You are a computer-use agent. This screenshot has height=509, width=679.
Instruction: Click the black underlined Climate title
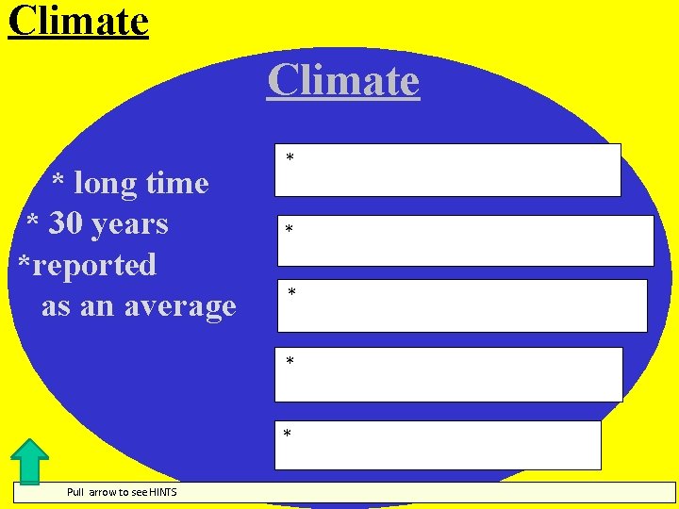tap(78, 20)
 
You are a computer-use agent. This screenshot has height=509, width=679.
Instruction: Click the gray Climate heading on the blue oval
tap(342, 80)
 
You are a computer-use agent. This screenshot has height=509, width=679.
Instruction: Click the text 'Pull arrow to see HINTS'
tap(121, 492)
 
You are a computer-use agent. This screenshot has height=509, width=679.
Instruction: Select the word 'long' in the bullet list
tap(106, 183)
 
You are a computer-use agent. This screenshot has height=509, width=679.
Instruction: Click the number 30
tap(65, 224)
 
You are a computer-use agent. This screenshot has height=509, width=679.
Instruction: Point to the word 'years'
tap(129, 224)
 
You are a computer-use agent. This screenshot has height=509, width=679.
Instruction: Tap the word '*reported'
tap(87, 265)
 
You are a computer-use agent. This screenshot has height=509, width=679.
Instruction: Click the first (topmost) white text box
tap(449, 170)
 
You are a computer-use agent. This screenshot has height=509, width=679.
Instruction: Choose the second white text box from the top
tap(465, 240)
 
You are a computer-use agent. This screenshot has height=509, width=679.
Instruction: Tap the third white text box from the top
tap(462, 305)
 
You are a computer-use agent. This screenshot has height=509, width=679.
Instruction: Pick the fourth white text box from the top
tap(449, 374)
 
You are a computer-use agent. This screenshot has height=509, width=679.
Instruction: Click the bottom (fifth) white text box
tap(438, 445)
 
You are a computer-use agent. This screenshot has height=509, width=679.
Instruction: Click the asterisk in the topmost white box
tap(290, 157)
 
